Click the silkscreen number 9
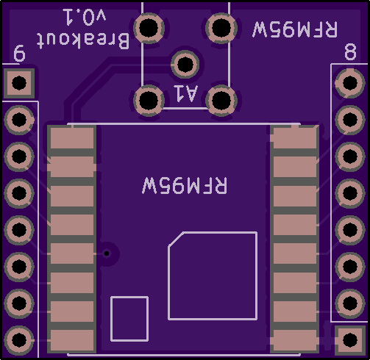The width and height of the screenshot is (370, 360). click(19, 53)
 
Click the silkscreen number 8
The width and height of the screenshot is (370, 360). click(350, 51)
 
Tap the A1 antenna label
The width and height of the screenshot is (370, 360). click(185, 93)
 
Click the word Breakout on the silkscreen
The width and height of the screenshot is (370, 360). click(83, 40)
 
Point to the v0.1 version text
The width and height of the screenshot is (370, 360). click(85, 17)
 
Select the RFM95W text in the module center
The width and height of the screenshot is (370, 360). click(185, 185)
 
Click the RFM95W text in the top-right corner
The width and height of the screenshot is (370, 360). click(295, 29)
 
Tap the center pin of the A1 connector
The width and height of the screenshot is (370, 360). click(185, 65)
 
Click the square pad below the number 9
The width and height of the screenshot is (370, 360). click(19, 83)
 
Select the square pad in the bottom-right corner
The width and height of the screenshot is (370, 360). click(350, 339)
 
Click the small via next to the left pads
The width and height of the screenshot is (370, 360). click(107, 253)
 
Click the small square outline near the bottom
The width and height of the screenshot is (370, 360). click(129, 319)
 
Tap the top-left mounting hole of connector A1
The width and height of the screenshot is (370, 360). click(149, 28)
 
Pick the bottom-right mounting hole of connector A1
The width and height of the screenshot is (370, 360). click(221, 100)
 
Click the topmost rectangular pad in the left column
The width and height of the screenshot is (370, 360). click(72, 137)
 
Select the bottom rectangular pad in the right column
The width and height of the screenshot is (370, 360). click(295, 340)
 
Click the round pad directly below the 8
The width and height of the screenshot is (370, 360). click(350, 83)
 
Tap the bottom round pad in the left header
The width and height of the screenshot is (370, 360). click(19, 340)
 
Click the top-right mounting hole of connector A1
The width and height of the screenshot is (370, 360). click(221, 28)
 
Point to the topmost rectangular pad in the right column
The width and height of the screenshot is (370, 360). click(295, 137)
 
